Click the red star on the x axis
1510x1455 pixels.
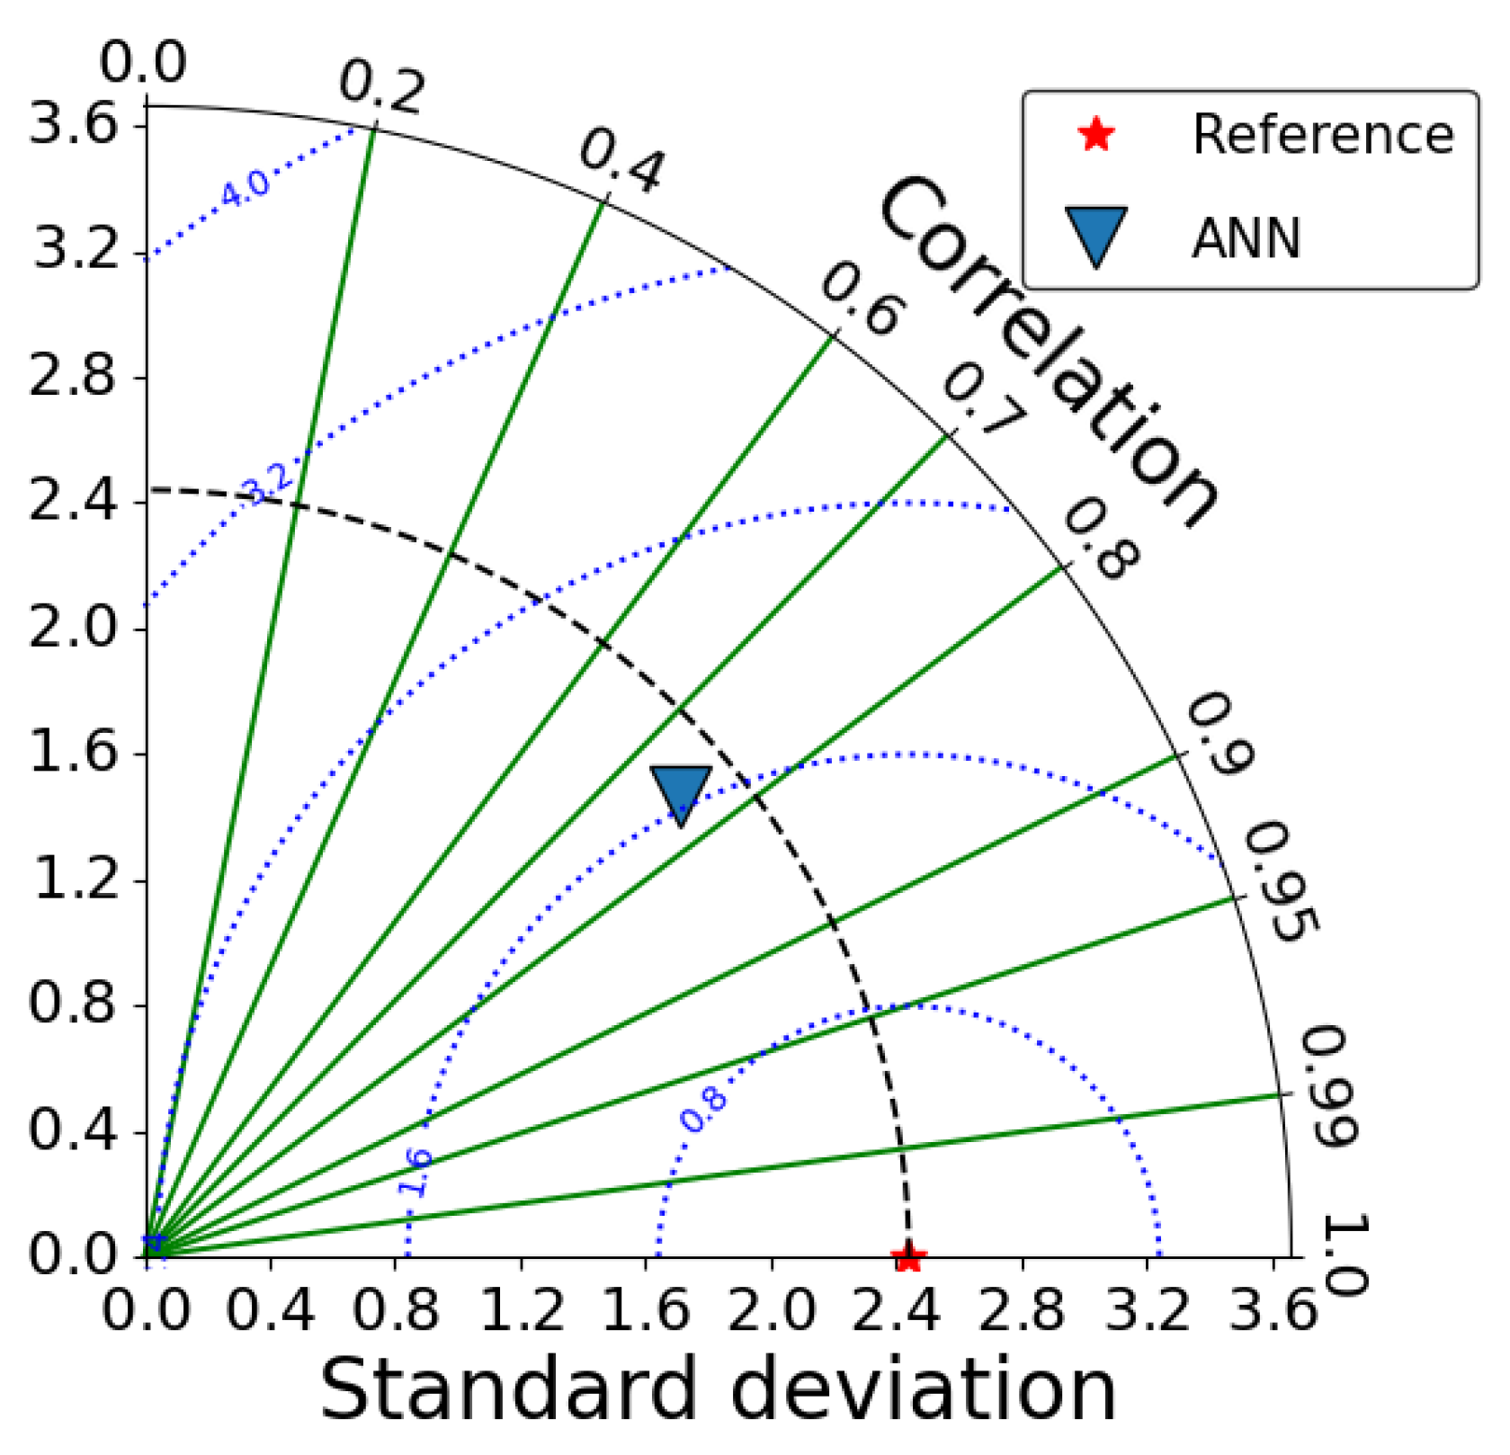click(908, 1257)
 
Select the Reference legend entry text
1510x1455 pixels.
click(1323, 135)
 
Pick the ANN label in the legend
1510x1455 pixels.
click(1246, 239)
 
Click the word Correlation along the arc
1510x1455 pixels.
click(1048, 351)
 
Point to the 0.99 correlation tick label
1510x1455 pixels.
click(1329, 1087)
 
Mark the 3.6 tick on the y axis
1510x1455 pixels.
click(74, 123)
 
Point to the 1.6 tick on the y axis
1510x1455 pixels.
click(74, 753)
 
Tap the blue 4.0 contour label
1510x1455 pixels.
click(245, 190)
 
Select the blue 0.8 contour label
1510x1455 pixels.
click(702, 1109)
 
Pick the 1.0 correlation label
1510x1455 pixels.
click(1345, 1254)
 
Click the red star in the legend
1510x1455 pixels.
click(1095, 135)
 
